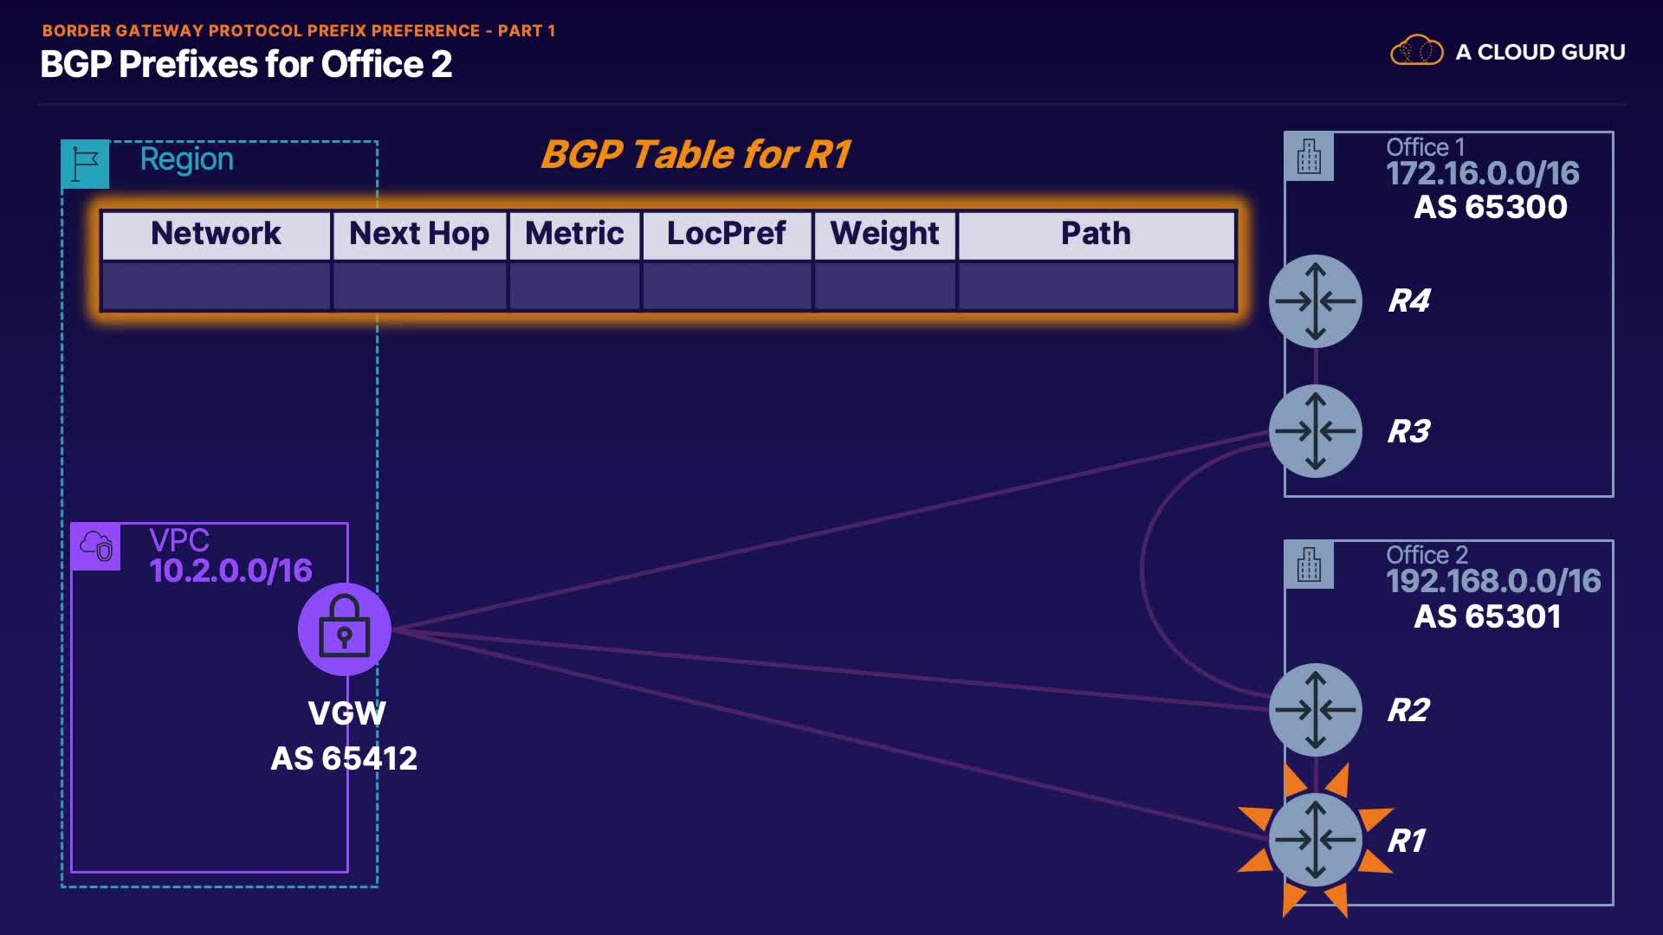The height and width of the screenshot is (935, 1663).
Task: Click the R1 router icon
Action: coord(1315,839)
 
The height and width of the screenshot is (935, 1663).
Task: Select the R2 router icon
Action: coord(1315,710)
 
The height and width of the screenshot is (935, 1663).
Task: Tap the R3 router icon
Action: coord(1315,431)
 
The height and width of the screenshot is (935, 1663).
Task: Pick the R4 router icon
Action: coord(1315,301)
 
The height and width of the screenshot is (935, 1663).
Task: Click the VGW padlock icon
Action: coord(345,629)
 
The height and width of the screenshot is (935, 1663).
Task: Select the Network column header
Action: coord(216,234)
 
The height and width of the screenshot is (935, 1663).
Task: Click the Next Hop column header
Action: coord(419,234)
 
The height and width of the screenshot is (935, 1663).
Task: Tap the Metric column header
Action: coord(574,234)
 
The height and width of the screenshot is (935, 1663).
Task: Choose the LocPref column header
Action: coord(727,234)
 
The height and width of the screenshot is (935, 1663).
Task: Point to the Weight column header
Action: coord(884,234)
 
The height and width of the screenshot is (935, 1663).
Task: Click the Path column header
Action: coord(1096,234)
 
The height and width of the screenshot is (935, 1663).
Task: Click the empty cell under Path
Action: coord(1096,286)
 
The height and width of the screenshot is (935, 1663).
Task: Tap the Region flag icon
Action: coord(86,164)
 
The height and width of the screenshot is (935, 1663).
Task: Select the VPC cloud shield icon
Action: coord(96,546)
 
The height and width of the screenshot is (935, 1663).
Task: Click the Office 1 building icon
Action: coord(1309,157)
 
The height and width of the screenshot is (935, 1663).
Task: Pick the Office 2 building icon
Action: coord(1309,564)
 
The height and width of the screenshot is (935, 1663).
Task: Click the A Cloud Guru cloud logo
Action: coord(1416,51)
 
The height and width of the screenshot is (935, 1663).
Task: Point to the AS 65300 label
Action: coord(1490,207)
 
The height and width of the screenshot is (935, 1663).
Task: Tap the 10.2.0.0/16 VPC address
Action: coord(230,571)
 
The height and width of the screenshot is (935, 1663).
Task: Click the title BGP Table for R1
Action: coord(696,155)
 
